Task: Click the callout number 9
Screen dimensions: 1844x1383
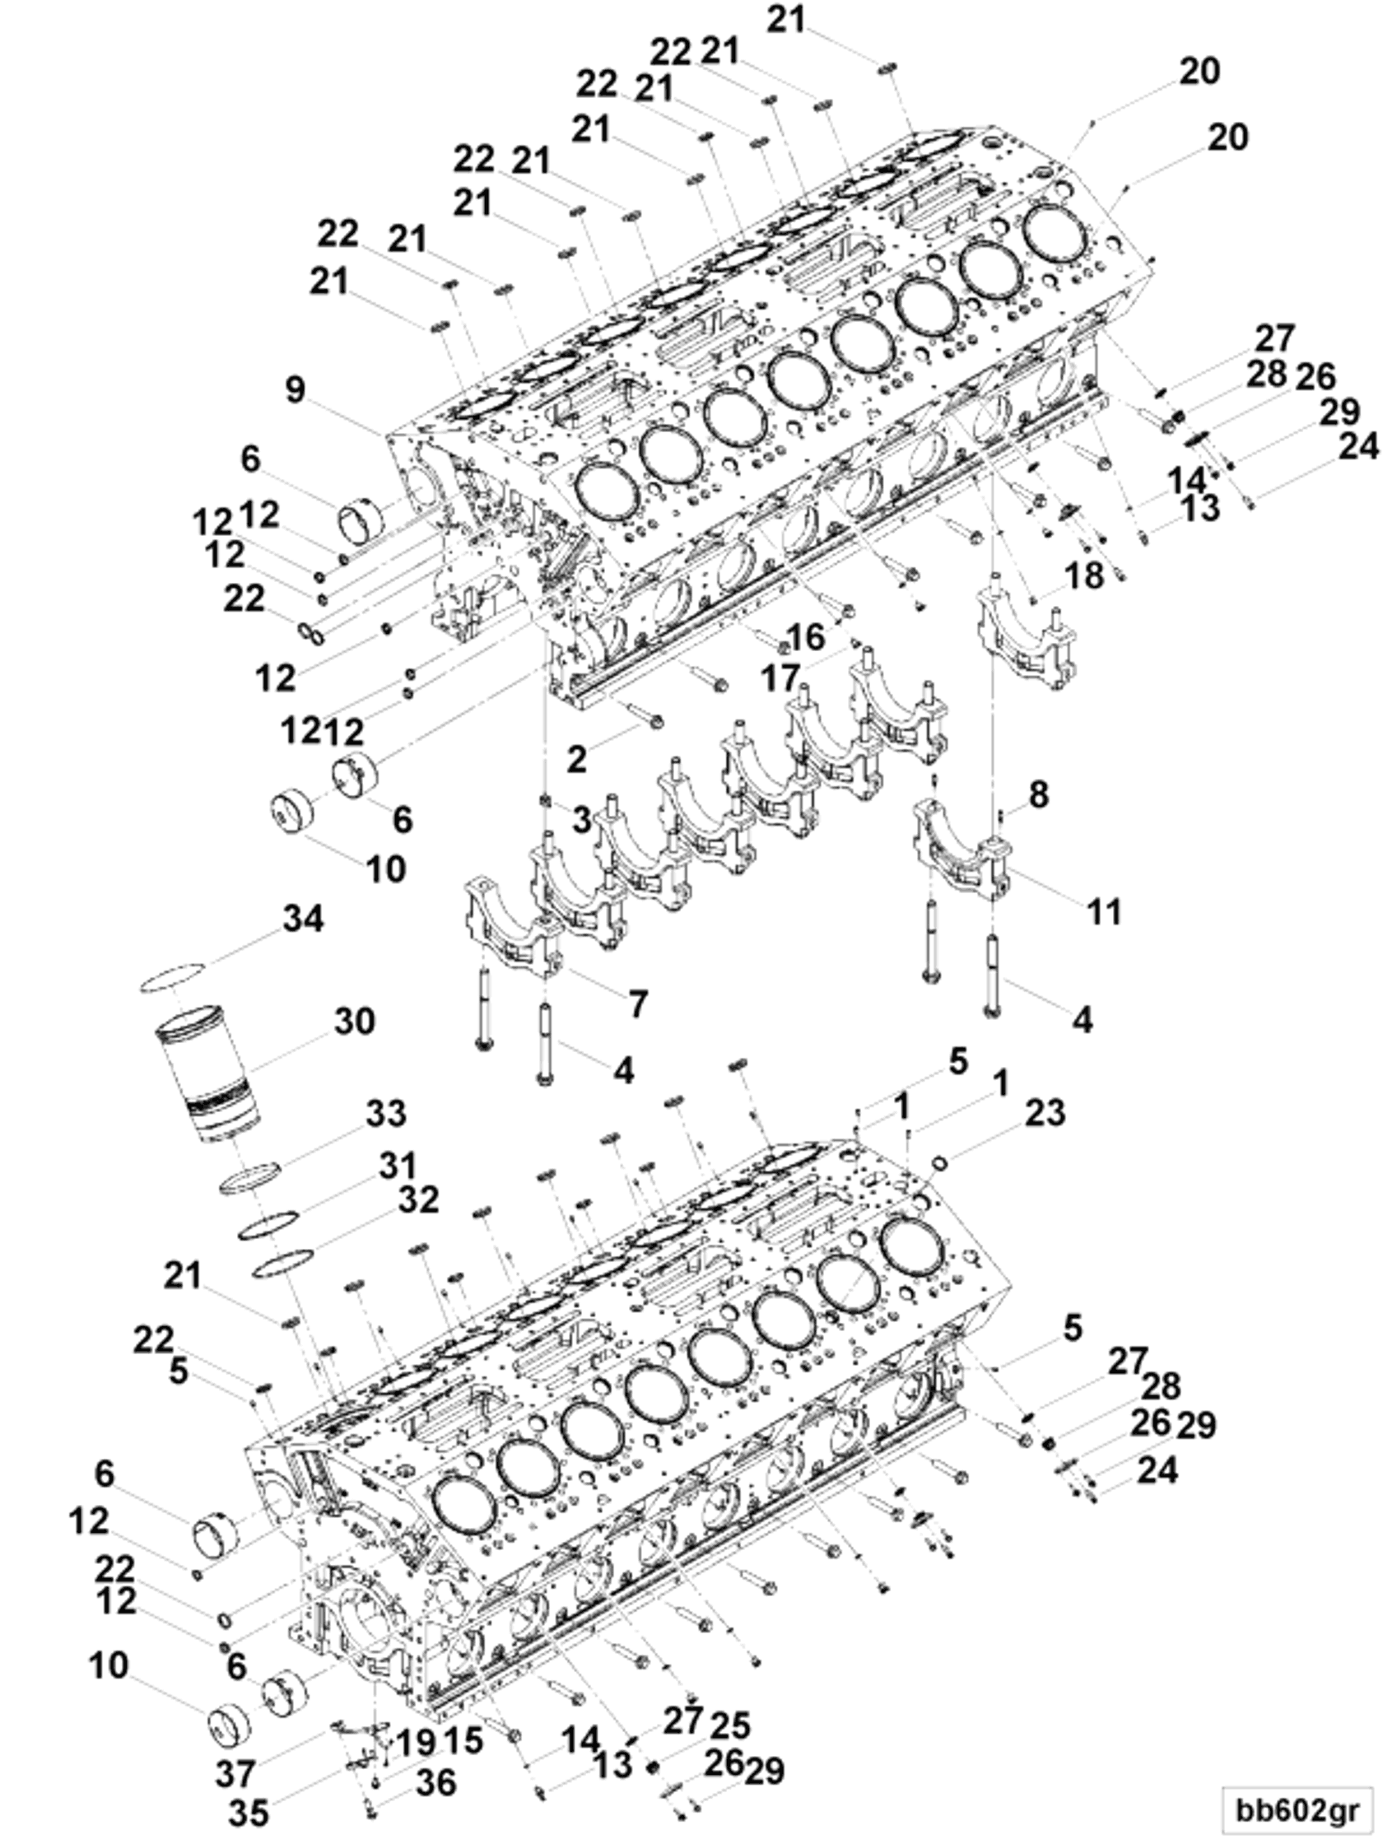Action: (296, 390)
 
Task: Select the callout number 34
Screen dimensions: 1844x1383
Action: (303, 920)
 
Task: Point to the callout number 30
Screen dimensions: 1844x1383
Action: (354, 1022)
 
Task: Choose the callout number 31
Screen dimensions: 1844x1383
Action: (397, 1166)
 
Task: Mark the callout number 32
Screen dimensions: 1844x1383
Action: (417, 1200)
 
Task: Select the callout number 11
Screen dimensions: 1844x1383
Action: (1104, 911)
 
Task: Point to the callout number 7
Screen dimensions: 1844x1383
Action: (638, 1003)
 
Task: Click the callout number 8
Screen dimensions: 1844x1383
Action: (1038, 794)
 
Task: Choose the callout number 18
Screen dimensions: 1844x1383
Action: (1084, 575)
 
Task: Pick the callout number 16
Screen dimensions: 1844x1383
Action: (806, 638)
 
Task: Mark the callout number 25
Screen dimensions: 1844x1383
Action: (730, 1725)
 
